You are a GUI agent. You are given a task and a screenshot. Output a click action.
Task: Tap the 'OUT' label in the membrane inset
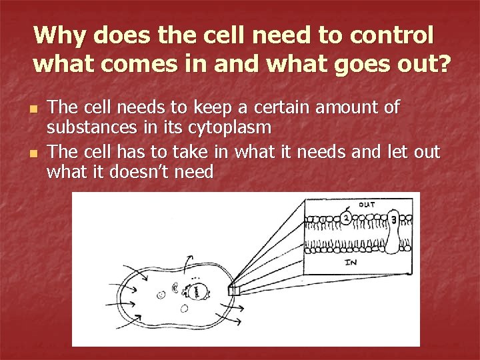(367, 205)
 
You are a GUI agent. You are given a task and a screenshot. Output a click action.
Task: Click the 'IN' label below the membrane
(351, 263)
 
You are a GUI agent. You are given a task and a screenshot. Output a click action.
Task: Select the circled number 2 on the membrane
(347, 217)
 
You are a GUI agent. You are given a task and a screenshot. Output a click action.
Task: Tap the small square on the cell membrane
(233, 290)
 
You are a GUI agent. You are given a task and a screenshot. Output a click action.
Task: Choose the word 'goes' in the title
(372, 65)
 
